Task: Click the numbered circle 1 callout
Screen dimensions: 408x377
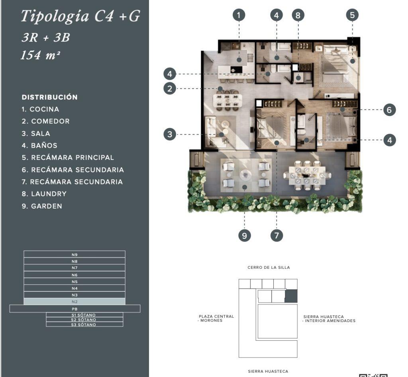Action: pos(239,15)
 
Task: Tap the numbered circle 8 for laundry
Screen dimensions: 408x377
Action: pos(298,15)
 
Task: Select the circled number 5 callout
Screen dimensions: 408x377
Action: pos(352,15)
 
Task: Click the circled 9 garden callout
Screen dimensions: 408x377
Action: pos(244,236)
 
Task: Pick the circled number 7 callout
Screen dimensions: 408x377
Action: pos(277,236)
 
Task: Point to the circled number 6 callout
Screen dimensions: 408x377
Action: pos(390,110)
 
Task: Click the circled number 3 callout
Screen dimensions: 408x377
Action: pos(170,135)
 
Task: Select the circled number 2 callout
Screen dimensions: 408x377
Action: pos(170,89)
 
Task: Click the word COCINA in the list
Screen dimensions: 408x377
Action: pos(44,109)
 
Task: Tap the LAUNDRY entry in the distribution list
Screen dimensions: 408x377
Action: pos(49,194)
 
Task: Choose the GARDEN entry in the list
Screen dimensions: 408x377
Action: pos(47,206)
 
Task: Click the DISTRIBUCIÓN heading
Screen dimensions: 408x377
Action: pos(50,97)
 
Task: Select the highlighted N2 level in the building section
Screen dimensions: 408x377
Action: pos(75,302)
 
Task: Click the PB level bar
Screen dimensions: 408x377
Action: pos(75,309)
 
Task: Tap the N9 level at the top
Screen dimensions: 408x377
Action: pos(75,254)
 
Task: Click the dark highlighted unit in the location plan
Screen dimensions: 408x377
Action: pos(291,296)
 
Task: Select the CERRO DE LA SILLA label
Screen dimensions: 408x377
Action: pos(269,267)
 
